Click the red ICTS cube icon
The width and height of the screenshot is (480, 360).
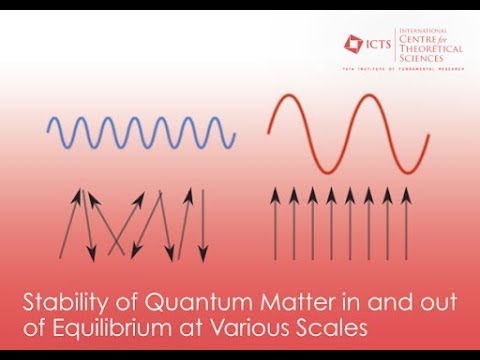click(353, 43)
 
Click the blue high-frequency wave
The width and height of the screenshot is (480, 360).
click(142, 130)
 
